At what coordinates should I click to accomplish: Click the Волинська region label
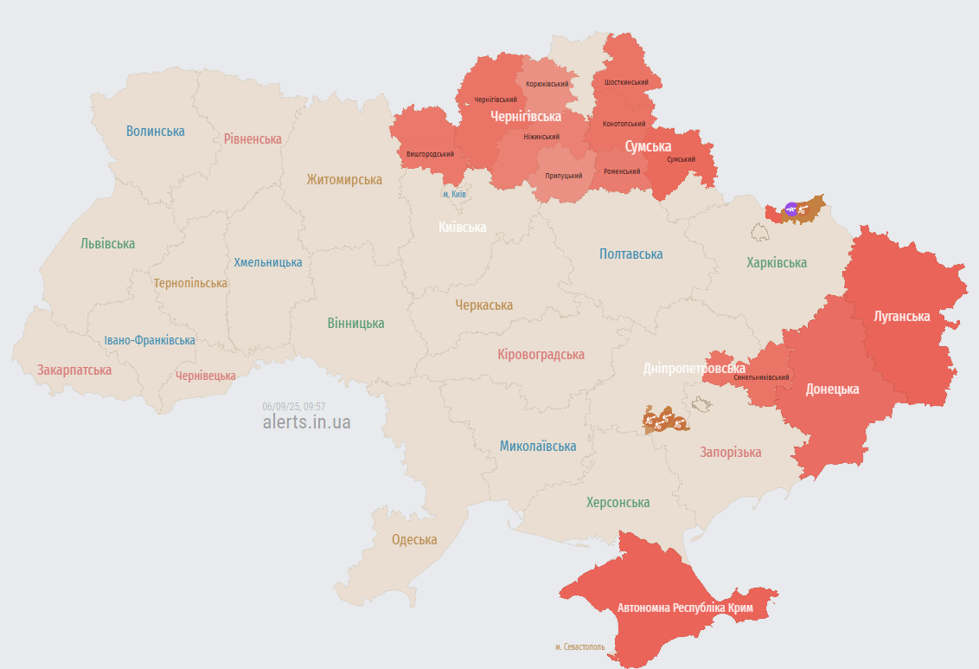click(156, 132)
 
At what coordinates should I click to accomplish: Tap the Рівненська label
click(253, 138)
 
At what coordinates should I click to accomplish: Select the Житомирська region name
click(344, 180)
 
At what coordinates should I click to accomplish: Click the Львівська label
click(108, 244)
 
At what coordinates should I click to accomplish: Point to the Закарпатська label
click(74, 370)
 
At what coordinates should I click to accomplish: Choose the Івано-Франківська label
click(150, 340)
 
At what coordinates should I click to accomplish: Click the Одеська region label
click(414, 540)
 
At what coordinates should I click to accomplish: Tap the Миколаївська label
click(538, 447)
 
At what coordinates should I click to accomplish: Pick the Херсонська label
click(617, 503)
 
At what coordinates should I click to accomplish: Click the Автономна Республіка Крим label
click(685, 608)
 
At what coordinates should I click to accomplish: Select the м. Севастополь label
click(579, 646)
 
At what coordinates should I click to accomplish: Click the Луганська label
click(901, 317)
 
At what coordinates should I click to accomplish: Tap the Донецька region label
click(832, 389)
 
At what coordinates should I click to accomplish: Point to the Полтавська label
click(631, 254)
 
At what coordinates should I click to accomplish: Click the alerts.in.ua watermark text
click(306, 422)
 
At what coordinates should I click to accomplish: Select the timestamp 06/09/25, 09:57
click(294, 406)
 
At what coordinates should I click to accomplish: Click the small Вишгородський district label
click(430, 154)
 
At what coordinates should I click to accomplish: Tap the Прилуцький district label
click(563, 176)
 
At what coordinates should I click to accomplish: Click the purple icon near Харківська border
click(790, 209)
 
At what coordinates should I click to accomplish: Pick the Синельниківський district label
click(761, 377)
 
